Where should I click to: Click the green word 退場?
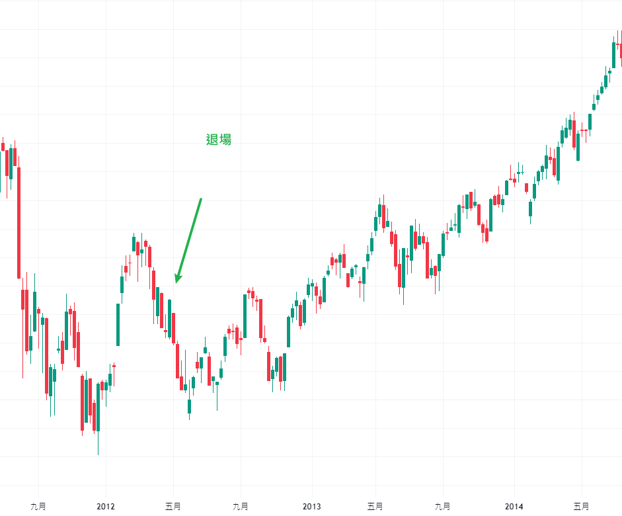[x=219, y=140]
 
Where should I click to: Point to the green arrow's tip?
[x=176, y=282]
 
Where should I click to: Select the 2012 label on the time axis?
[x=106, y=507]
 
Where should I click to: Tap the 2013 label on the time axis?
[x=311, y=507]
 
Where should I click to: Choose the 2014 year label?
[x=514, y=507]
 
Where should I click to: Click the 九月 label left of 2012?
[x=38, y=507]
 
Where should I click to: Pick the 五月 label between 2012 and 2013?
[x=173, y=507]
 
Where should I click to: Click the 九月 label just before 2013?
[x=241, y=507]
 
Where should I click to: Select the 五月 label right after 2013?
[x=375, y=507]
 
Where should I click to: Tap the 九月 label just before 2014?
[x=442, y=507]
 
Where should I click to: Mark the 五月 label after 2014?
[x=581, y=507]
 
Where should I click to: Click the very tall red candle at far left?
[x=19, y=222]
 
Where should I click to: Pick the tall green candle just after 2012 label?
[x=118, y=324]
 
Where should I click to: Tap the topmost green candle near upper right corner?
[x=613, y=54]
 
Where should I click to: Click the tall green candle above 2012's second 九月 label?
[x=245, y=316]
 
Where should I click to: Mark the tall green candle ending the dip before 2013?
[x=288, y=331]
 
